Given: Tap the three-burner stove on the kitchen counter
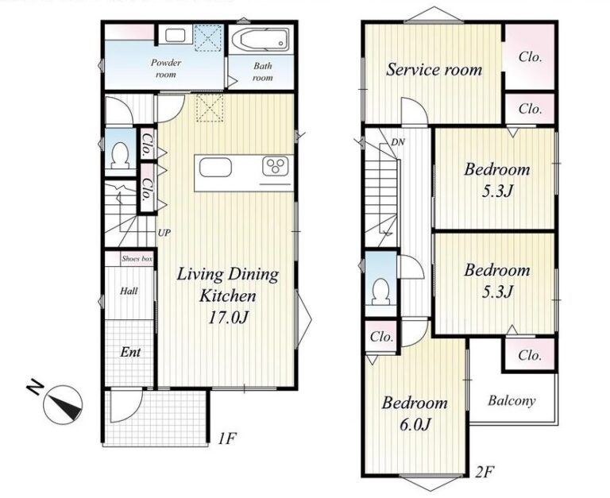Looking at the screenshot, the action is click(x=277, y=167).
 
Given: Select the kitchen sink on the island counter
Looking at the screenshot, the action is click(x=215, y=168).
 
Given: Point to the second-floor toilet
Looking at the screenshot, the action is click(x=381, y=291).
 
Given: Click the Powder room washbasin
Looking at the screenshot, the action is click(x=173, y=36).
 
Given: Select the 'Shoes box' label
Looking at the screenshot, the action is click(x=137, y=259).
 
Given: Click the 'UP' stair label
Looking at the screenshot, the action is click(x=164, y=233).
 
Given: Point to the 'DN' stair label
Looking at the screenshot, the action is click(x=398, y=142).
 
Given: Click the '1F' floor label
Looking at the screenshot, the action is click(x=227, y=439).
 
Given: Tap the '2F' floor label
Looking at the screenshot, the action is click(x=485, y=472).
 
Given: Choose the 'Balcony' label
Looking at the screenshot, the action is click(x=512, y=401).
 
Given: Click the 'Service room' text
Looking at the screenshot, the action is click(x=434, y=70).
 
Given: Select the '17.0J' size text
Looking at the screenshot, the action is click(x=229, y=318).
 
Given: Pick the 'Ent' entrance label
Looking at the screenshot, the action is click(x=130, y=352).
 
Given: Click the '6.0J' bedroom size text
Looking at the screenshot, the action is click(x=415, y=424).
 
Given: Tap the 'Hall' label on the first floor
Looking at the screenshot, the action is click(x=129, y=291).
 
